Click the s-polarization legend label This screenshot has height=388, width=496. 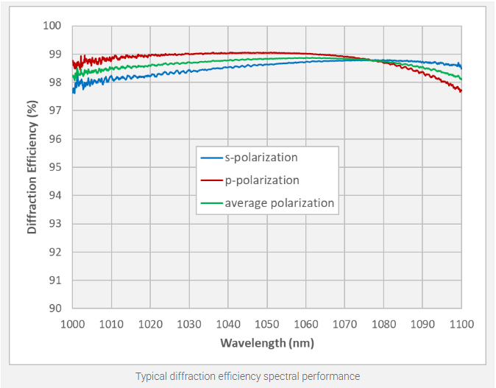point(261,158)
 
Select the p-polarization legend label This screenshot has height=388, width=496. point(262,180)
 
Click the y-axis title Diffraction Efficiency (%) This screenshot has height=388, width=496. point(32,167)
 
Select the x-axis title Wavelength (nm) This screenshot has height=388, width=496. point(266,343)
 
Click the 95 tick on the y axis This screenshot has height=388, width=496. point(55,167)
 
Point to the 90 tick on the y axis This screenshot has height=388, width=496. point(55,308)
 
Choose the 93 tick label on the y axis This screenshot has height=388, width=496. point(55,224)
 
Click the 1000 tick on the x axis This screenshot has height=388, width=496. point(72,323)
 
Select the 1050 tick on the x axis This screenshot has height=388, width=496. point(266,323)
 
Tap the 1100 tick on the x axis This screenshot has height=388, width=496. point(461,323)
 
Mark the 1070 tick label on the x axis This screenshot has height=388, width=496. point(344,323)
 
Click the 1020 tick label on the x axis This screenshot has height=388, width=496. point(150,323)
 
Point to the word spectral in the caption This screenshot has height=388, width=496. point(284,376)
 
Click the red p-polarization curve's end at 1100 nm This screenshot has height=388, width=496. point(461,91)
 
